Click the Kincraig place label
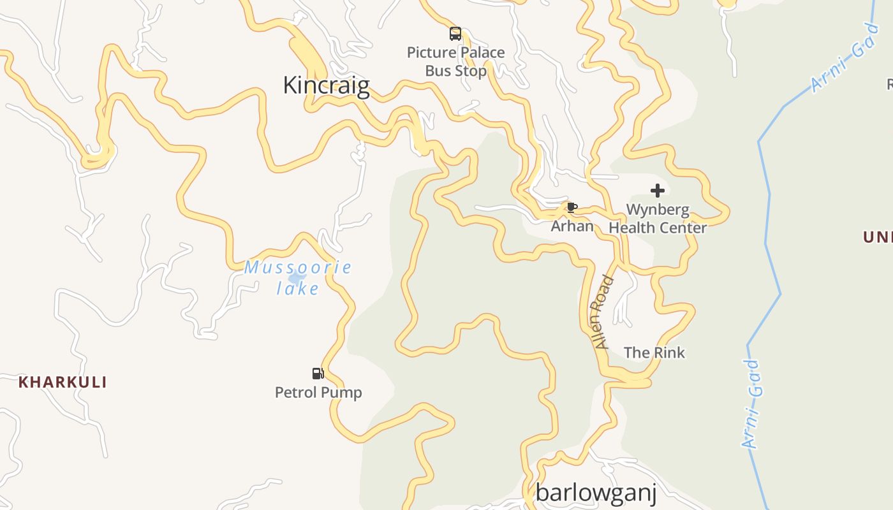coord(326,85)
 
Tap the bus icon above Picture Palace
coord(455,34)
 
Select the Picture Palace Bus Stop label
coord(455,62)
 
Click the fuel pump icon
coord(318,374)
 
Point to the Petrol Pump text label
coord(318,392)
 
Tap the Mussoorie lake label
coord(298,278)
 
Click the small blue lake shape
coord(296,279)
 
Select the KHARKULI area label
coord(63,382)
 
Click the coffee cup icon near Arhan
coord(572,207)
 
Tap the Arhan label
coord(572,226)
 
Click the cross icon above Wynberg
coord(658,191)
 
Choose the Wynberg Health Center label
coord(658,219)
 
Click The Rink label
coord(654,353)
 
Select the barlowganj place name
coord(596,493)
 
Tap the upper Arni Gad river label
coord(845,59)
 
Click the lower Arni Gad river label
coord(751,404)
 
